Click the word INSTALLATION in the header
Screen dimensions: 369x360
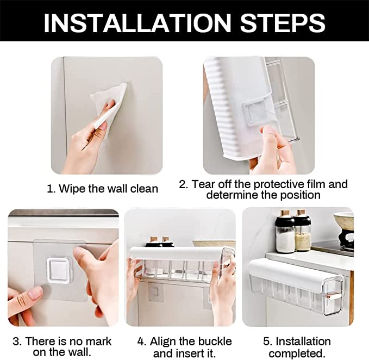point(137,23)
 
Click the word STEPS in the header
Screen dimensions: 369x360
point(283,23)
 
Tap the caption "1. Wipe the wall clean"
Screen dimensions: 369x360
point(102,189)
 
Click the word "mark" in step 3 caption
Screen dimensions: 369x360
point(98,342)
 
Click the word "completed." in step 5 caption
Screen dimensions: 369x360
point(297,353)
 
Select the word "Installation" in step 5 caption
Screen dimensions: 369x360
point(303,342)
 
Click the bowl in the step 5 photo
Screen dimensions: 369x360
point(343,221)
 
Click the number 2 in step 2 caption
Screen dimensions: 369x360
point(183,184)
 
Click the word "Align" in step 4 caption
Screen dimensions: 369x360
point(163,342)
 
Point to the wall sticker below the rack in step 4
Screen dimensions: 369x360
point(155,292)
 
